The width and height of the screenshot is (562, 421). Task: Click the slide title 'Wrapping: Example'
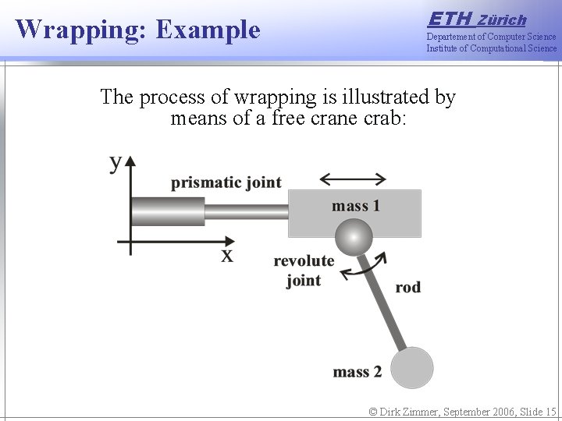click(x=138, y=30)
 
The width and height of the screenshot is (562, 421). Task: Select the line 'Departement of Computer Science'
click(x=491, y=37)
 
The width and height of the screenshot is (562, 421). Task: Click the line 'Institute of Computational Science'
click(x=491, y=48)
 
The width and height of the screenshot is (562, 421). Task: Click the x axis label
click(x=226, y=255)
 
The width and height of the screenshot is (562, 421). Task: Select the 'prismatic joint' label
click(x=226, y=182)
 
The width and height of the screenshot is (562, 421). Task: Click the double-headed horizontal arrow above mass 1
click(x=353, y=179)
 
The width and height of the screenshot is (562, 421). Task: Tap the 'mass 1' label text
click(x=356, y=206)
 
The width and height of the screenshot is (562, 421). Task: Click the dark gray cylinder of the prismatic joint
click(x=168, y=211)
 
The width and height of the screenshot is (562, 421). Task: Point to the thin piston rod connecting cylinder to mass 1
click(x=246, y=211)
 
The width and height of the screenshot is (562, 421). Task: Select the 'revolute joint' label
click(x=304, y=271)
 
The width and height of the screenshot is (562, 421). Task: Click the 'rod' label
click(x=407, y=288)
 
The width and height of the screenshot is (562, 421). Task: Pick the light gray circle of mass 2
click(x=411, y=367)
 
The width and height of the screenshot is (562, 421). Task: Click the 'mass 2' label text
click(x=357, y=372)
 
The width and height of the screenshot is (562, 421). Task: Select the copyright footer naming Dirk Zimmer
click(x=463, y=412)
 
